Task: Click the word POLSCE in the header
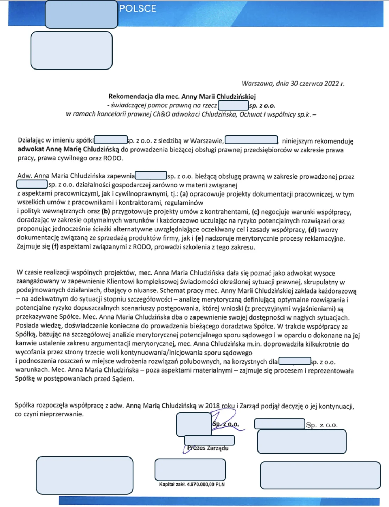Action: (x=138, y=8)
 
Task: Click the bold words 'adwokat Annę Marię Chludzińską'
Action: (x=68, y=150)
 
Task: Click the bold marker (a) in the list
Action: (x=184, y=194)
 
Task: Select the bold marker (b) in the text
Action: (x=106, y=211)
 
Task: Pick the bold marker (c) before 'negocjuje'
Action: (x=255, y=212)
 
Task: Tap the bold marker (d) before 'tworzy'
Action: (x=312, y=230)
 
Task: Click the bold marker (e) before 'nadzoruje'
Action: (x=199, y=238)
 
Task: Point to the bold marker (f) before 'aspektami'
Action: (x=55, y=247)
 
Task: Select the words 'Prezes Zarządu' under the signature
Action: (x=208, y=448)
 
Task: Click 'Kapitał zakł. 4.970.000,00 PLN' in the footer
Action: (x=192, y=485)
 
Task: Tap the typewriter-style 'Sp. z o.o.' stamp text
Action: (x=321, y=425)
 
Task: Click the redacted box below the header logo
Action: (x=71, y=50)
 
